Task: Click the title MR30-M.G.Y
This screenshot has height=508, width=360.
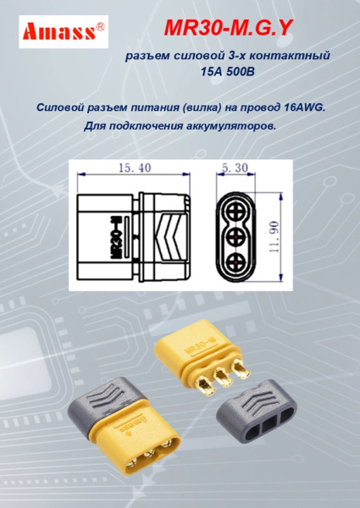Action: (x=228, y=30)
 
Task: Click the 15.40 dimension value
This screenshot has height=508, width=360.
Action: (x=135, y=168)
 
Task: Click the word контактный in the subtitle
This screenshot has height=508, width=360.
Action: (x=291, y=56)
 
